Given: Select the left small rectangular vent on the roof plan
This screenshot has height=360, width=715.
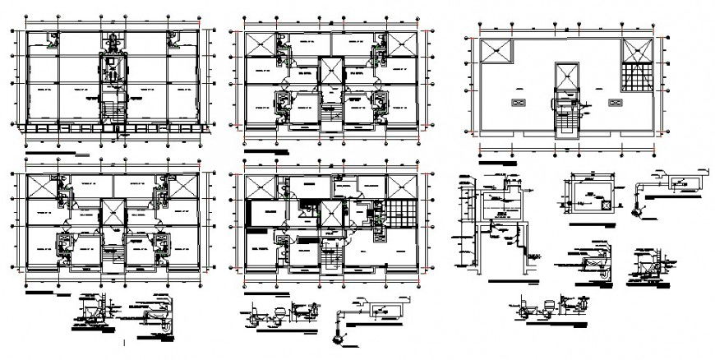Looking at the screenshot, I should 518,102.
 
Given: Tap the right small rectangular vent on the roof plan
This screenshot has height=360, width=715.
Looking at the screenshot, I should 613,102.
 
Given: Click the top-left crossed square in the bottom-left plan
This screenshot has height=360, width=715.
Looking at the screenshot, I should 41,187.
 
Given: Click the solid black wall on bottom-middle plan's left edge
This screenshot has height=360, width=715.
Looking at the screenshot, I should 248,213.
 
